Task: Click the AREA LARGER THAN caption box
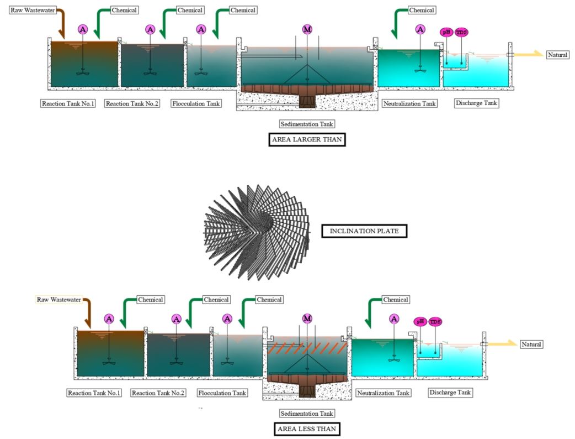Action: point(307,140)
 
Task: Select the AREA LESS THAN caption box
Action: point(307,428)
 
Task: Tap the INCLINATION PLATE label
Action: point(364,231)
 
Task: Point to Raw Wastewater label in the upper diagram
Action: point(33,10)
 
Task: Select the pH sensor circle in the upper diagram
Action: point(446,32)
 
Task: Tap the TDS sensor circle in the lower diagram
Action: point(435,321)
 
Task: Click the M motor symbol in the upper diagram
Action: point(307,29)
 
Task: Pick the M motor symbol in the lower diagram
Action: point(307,318)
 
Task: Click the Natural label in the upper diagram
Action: point(557,55)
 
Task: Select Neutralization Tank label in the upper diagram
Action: point(409,103)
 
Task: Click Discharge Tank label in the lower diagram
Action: point(450,393)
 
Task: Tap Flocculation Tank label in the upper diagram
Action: point(196,103)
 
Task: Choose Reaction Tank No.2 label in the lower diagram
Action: point(158,393)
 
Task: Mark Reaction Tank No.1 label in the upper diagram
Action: point(68,103)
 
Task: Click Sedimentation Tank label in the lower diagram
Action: point(307,413)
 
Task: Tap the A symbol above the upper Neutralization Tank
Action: point(420,29)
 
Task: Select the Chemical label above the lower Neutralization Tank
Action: point(395,300)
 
